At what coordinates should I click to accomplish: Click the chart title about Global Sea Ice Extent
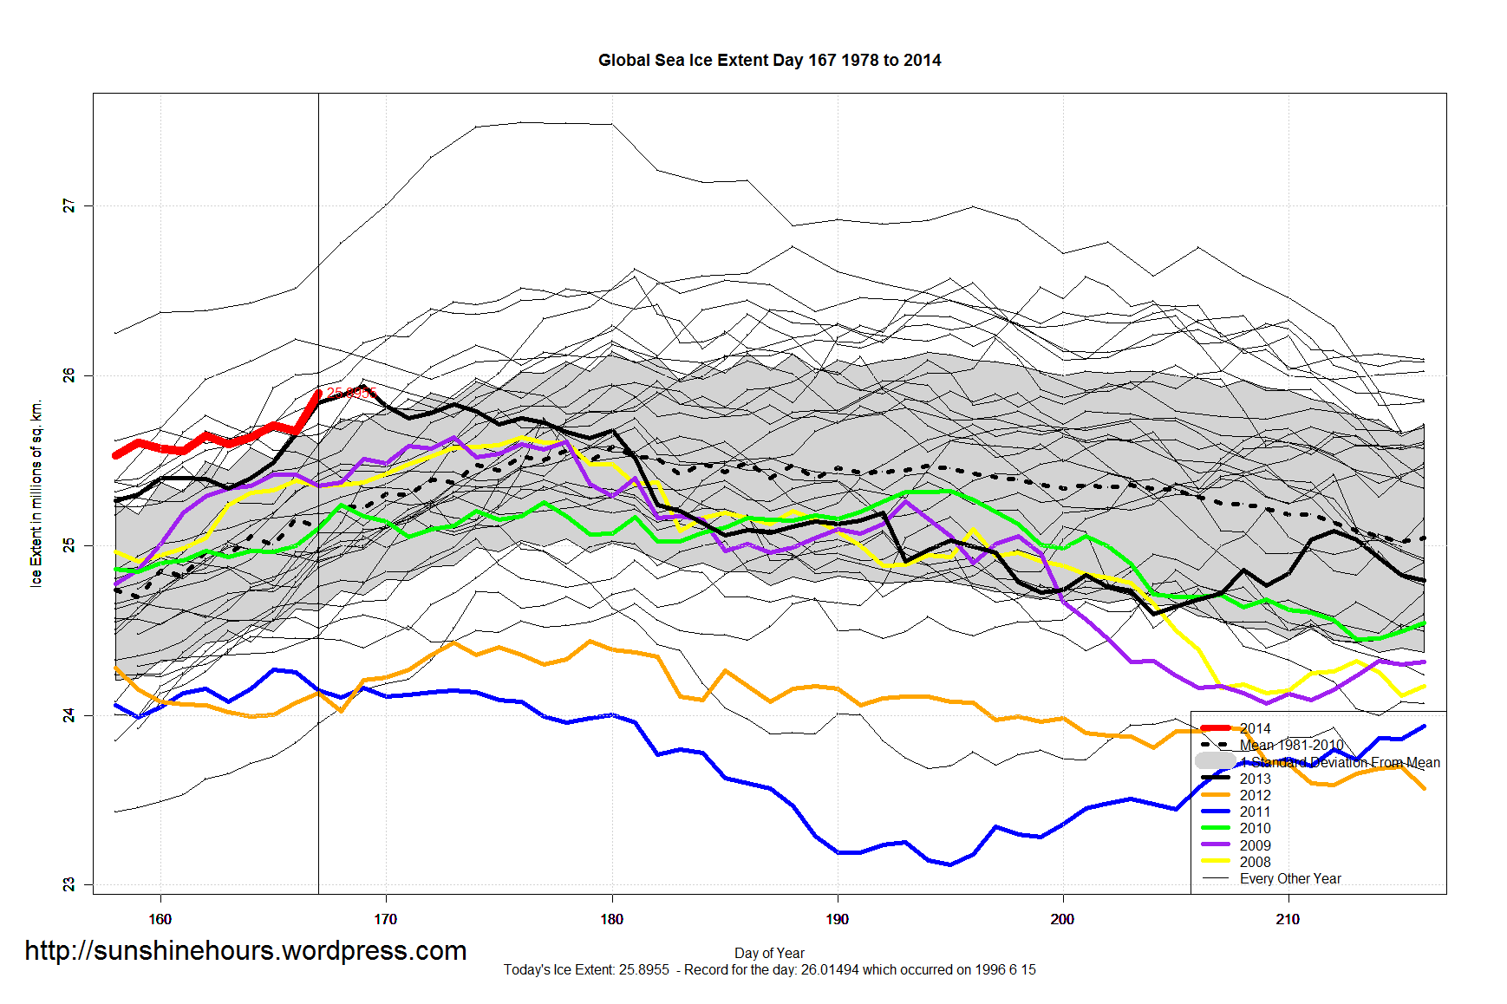769,60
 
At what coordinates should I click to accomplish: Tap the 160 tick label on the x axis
160,919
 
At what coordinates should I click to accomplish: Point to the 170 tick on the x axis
386,919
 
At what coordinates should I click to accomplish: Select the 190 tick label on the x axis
837,919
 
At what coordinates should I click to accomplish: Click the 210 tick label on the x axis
1288,919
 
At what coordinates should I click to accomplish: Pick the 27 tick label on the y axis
68,206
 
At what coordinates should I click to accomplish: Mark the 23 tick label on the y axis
68,884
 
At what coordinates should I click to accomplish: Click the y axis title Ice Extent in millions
36,493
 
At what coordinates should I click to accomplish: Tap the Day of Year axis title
769,953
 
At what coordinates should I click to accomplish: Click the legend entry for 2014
1255,728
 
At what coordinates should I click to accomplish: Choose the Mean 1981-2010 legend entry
1291,745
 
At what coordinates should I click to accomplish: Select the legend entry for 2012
1255,795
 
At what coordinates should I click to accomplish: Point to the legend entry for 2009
1255,845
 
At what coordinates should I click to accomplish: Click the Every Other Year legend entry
1289,878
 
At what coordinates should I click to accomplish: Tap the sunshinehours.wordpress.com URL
245,950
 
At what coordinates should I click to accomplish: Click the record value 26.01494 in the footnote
829,969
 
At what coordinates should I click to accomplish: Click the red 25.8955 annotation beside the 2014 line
350,394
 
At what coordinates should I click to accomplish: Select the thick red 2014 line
206,437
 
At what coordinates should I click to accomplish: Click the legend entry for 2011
1255,812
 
